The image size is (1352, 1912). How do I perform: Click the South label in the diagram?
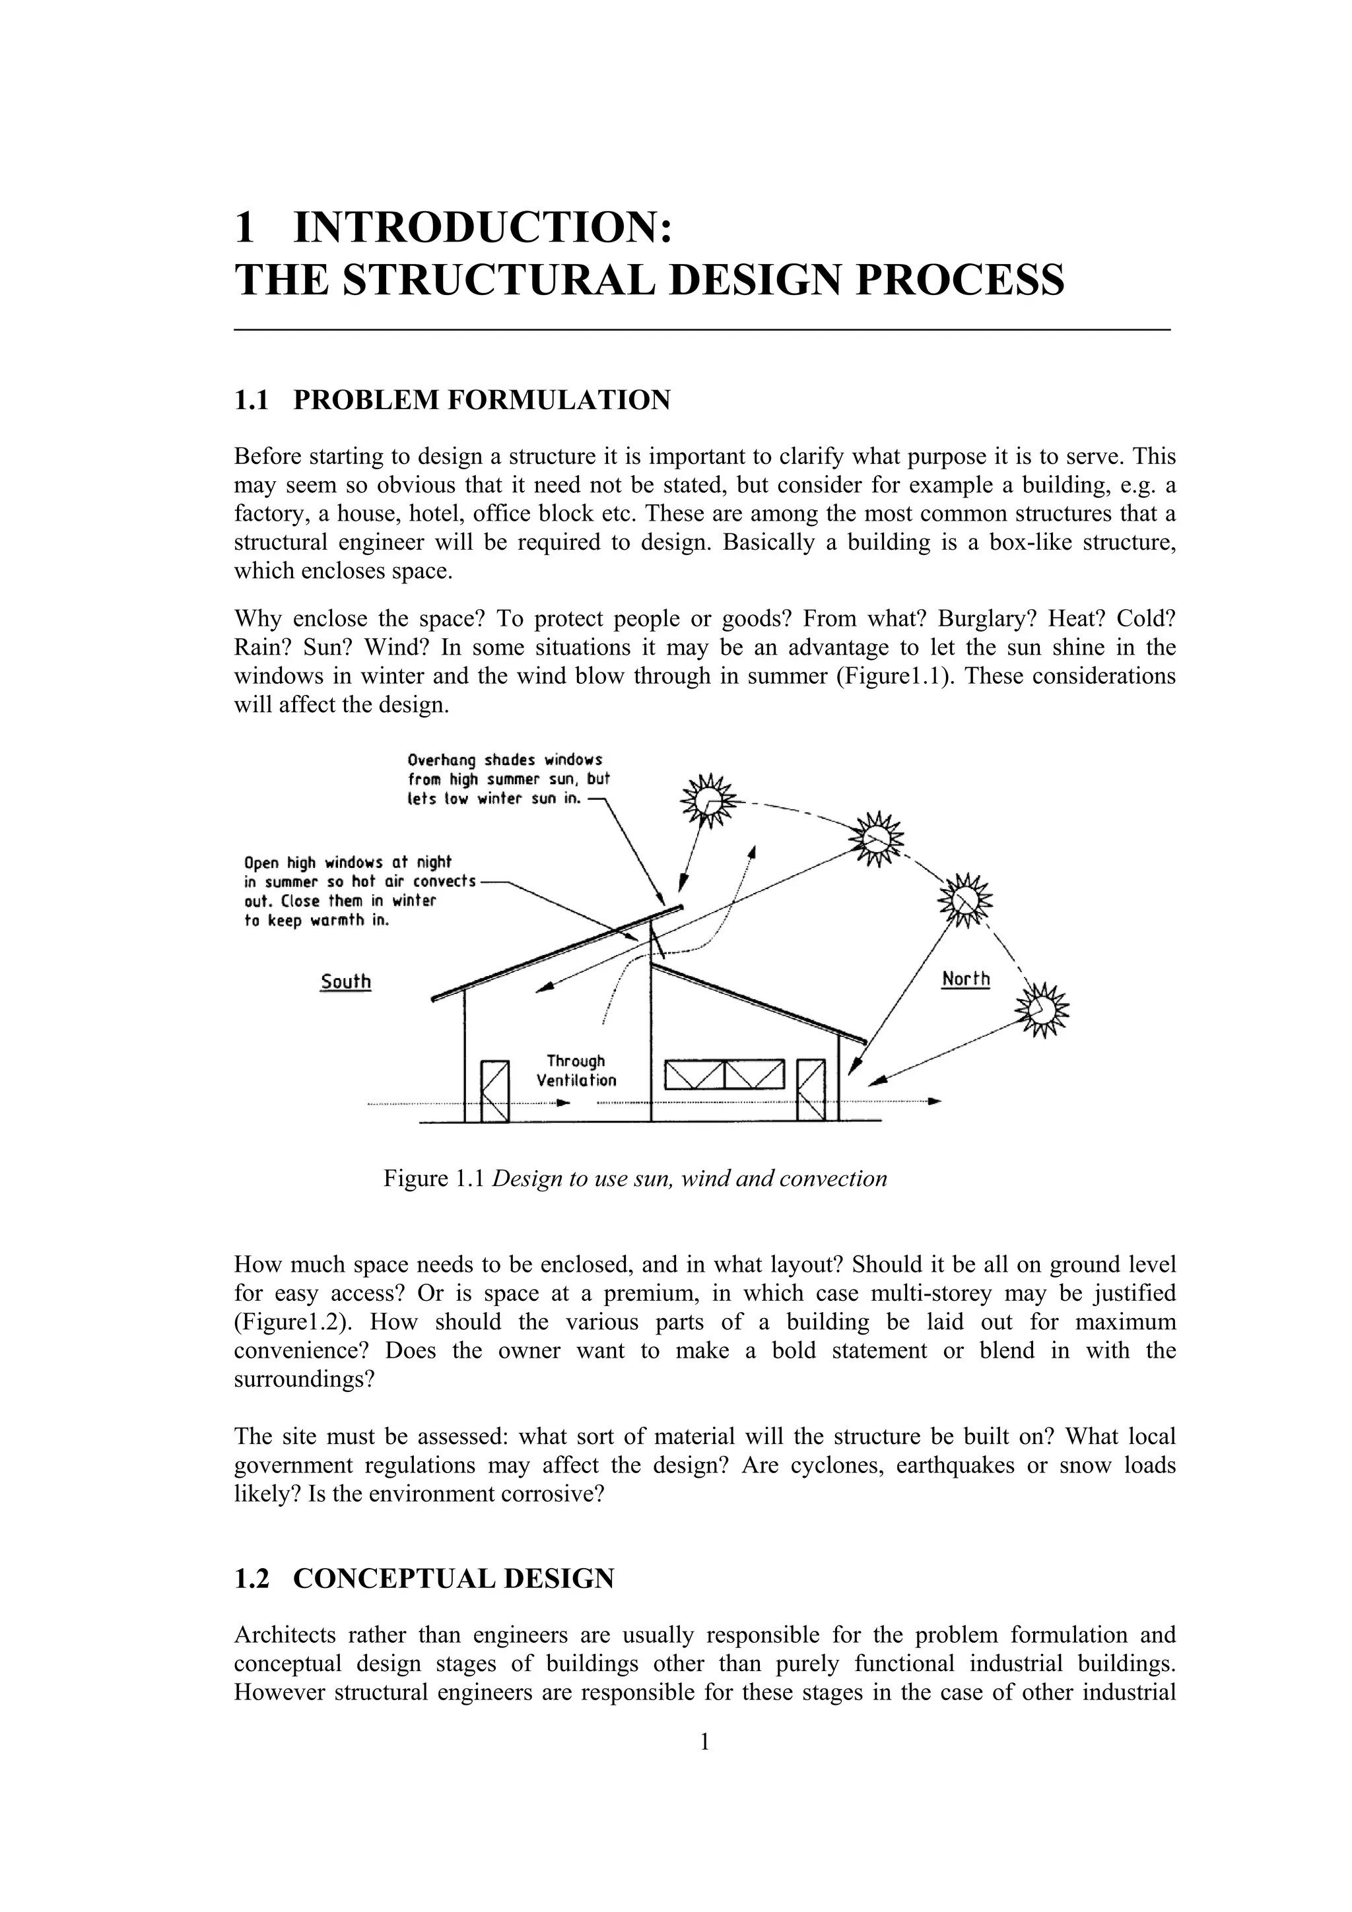pos(346,981)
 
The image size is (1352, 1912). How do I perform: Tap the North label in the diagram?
pos(965,979)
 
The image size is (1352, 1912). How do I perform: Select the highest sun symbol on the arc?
pos(708,801)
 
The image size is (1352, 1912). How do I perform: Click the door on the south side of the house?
pos(495,1092)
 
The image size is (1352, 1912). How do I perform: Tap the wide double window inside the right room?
pos(725,1075)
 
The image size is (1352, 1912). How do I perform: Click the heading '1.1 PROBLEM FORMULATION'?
pos(452,401)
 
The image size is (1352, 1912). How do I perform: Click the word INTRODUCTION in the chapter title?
pos(483,227)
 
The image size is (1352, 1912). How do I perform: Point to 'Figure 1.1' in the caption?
pos(433,1178)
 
